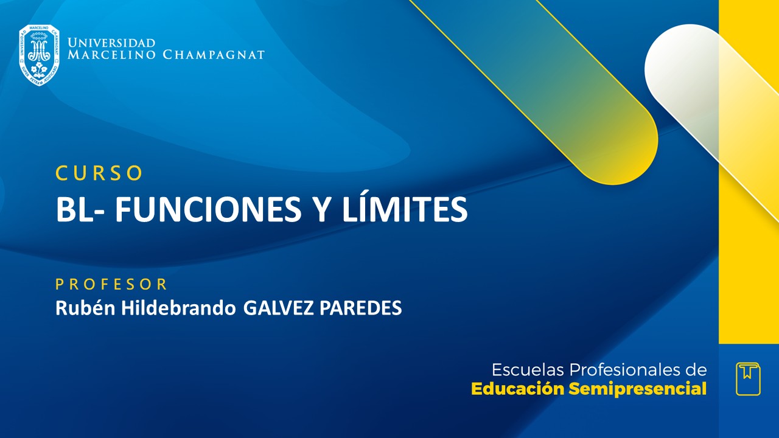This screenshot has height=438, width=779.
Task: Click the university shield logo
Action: [39, 55]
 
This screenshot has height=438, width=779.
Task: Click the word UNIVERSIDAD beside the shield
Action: [111, 43]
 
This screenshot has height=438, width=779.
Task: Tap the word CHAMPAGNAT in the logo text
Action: [213, 55]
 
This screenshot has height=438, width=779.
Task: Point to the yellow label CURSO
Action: [99, 173]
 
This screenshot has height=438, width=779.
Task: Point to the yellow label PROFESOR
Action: [111, 284]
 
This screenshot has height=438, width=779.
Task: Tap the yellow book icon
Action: [748, 378]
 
